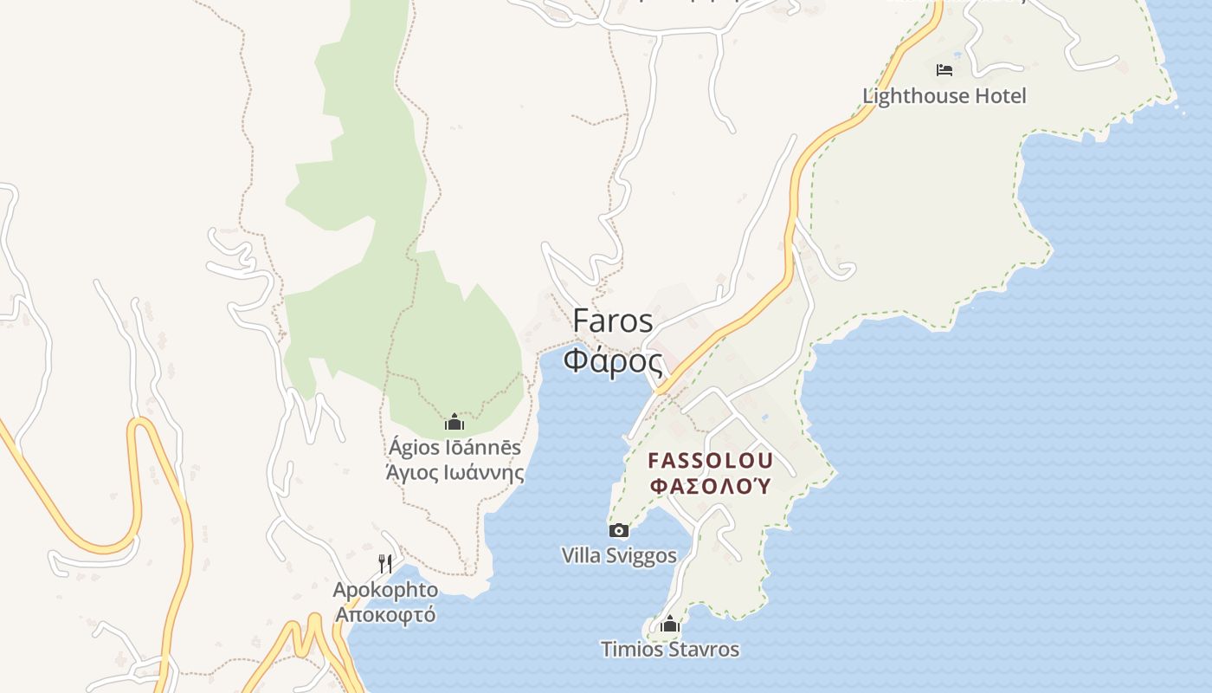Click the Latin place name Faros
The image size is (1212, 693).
coord(613,321)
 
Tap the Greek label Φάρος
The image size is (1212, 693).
coord(613,359)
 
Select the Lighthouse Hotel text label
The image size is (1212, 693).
coord(944,96)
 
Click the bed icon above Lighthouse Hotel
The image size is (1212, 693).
coord(944,69)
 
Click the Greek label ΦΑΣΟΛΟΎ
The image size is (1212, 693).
coord(710,485)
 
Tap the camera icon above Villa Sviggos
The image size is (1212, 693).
coord(619,530)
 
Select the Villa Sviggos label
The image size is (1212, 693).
coord(619,555)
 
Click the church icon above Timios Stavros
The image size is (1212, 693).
coord(670,624)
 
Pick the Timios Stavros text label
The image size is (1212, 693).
coord(670,649)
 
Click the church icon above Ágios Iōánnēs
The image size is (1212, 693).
coord(455,423)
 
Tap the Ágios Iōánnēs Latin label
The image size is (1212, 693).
coord(455,447)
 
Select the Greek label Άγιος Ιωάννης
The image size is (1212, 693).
coord(455,473)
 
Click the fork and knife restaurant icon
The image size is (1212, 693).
coord(385,564)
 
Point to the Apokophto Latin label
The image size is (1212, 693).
coord(385,590)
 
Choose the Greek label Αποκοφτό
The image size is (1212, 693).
coord(385,615)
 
